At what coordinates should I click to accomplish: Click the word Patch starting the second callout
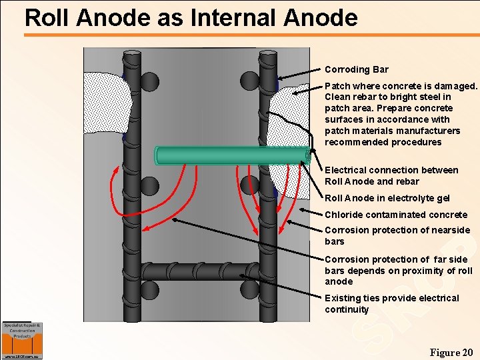337,86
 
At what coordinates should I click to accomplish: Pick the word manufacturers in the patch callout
418,131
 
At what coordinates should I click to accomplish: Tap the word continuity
346,309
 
